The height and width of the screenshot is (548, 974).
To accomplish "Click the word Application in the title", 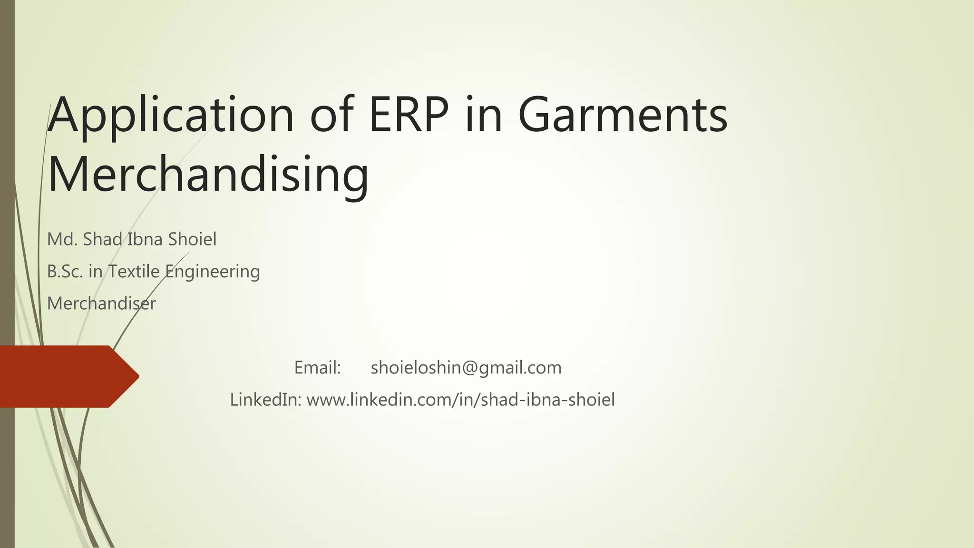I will (171, 116).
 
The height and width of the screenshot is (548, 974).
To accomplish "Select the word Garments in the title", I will (623, 116).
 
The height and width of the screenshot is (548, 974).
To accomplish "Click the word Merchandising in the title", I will (208, 174).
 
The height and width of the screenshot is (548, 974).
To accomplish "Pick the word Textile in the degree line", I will (134, 272).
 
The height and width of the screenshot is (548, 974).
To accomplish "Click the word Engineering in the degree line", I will (213, 272).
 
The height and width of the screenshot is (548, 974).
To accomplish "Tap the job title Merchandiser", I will (101, 303).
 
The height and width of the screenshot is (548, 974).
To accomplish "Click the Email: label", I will (317, 368).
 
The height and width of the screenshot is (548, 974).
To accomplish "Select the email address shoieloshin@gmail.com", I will (466, 368).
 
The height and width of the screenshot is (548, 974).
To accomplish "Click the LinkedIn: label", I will (265, 400).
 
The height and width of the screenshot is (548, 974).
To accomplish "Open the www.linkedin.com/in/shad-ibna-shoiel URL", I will (460, 400).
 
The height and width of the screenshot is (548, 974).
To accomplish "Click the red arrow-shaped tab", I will (62, 376).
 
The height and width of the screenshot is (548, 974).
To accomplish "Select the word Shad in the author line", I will (102, 239).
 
